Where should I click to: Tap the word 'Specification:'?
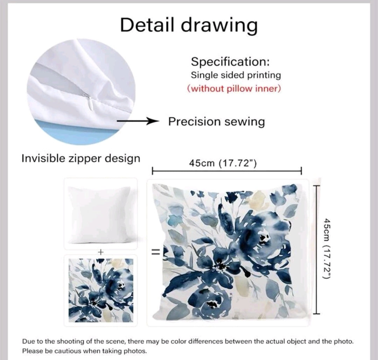pyautogui.click(x=230, y=62)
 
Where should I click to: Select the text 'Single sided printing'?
pyautogui.click(x=236, y=75)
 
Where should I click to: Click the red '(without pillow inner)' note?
pyautogui.click(x=234, y=89)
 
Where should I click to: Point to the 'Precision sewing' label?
pyautogui.click(x=217, y=121)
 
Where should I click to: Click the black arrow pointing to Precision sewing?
pyautogui.click(x=138, y=121)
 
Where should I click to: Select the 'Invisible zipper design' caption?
pyautogui.click(x=81, y=158)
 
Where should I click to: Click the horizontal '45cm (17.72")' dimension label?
pyautogui.click(x=223, y=163)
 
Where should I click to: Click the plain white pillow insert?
pyautogui.click(x=99, y=214)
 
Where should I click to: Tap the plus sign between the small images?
pyautogui.click(x=100, y=252)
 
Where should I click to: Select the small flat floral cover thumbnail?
pyautogui.click(x=101, y=290)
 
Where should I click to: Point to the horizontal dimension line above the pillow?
pyautogui.click(x=226, y=171)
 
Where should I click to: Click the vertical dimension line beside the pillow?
pyautogui.click(x=316, y=249)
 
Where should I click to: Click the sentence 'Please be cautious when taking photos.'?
pyautogui.click(x=84, y=351)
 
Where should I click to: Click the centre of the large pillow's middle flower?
pyautogui.click(x=220, y=266)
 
